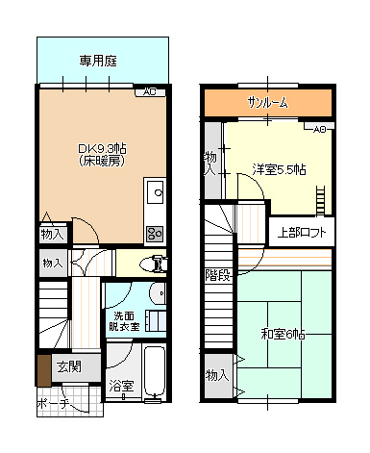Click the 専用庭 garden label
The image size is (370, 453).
pyautogui.click(x=98, y=61)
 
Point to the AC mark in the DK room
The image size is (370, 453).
pyautogui.click(x=149, y=92)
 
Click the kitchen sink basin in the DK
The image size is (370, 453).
pyautogui.click(x=154, y=196)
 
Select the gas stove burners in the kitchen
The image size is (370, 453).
pyautogui.click(x=154, y=232)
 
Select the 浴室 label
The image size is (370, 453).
pyautogui.click(x=120, y=386)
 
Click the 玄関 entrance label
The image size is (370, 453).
pyautogui.click(x=68, y=366)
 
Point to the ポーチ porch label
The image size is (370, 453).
pyautogui.click(x=54, y=404)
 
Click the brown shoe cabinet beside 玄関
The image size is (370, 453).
pyautogui.click(x=43, y=368)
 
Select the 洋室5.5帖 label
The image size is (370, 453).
pyautogui.click(x=279, y=169)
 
